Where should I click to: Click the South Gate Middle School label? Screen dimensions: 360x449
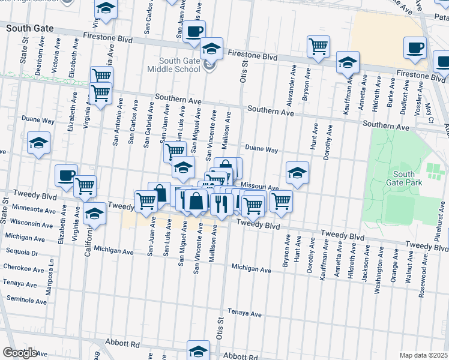(179, 65)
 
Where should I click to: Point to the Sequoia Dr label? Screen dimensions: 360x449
(21, 253)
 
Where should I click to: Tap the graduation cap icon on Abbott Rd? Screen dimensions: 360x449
(198, 350)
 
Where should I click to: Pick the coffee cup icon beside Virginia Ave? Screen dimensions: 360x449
(66, 175)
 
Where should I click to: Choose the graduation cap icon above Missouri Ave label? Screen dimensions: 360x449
(297, 172)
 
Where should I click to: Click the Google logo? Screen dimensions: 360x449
(20, 353)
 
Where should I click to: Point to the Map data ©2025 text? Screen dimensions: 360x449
(423, 355)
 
